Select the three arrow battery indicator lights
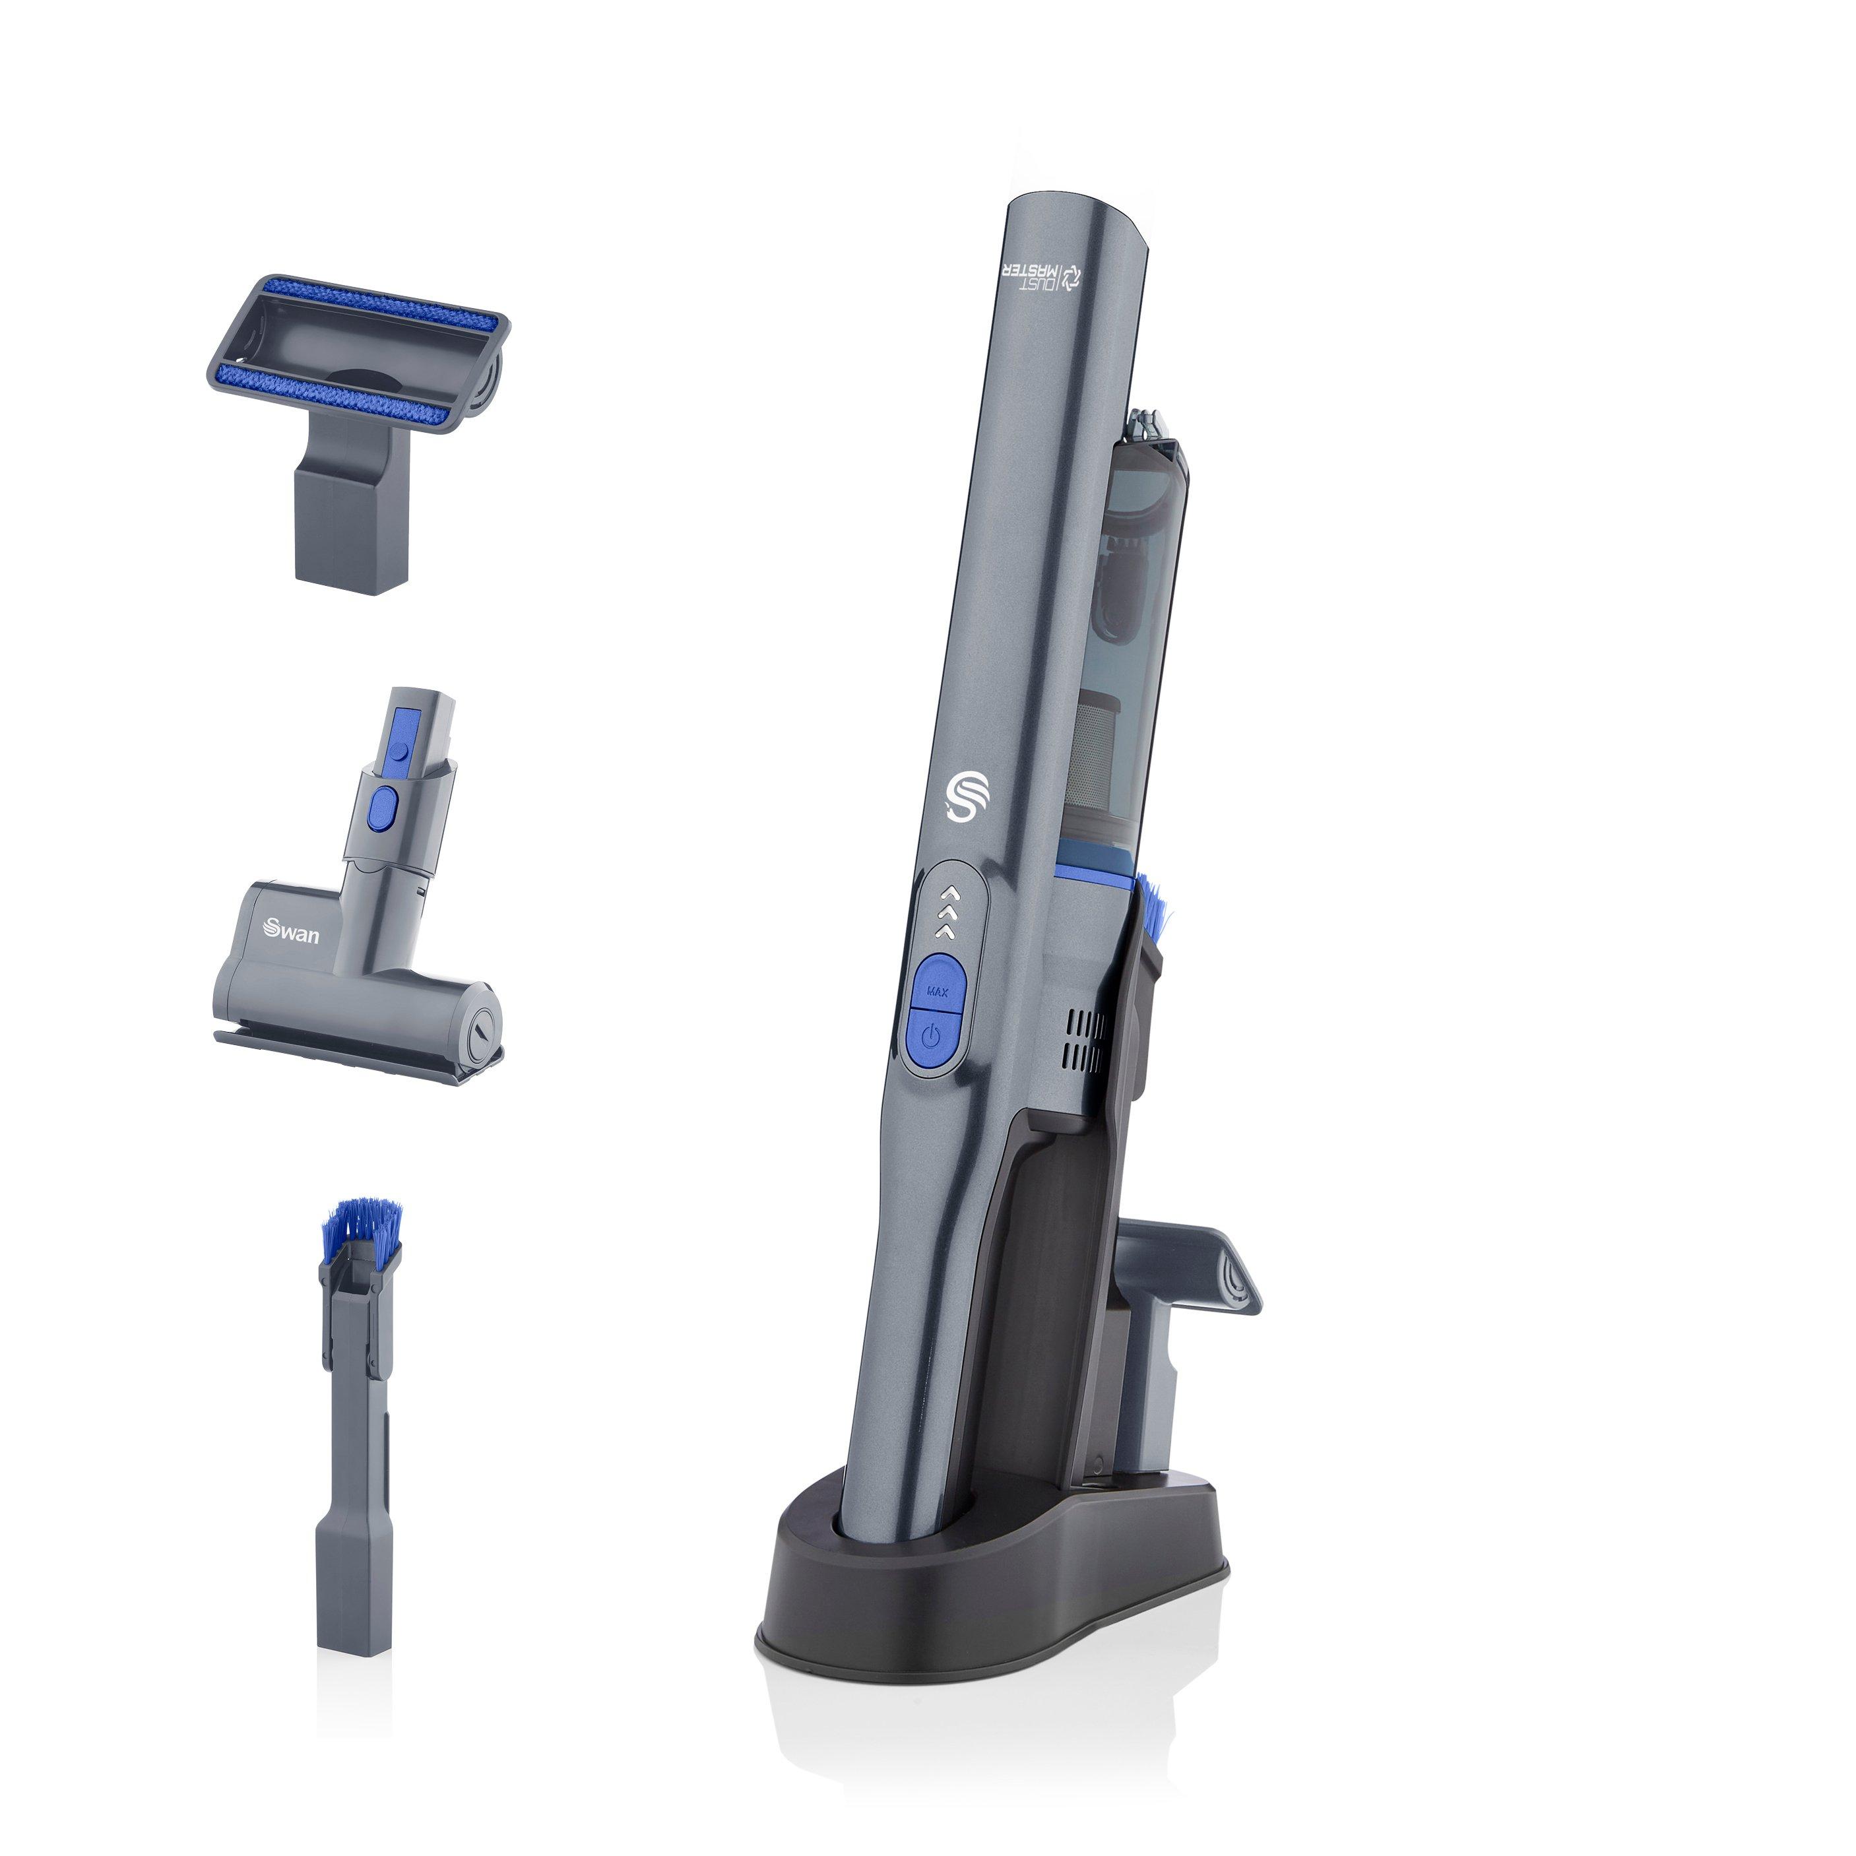tap(949, 910)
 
